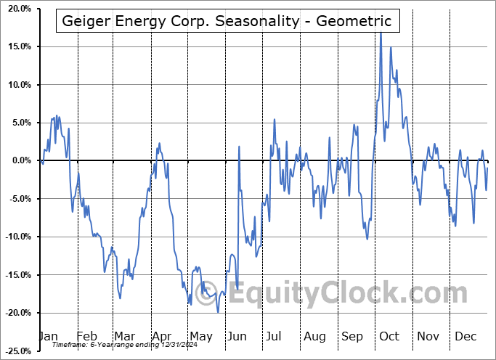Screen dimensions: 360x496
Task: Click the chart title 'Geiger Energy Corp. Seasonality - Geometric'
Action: [x=227, y=21]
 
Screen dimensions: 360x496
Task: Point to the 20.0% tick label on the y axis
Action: [x=16, y=9]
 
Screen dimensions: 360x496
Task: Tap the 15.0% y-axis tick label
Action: [x=16, y=46]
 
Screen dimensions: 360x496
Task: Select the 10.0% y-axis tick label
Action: [x=16, y=85]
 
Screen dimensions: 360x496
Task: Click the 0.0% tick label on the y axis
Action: [x=18, y=160]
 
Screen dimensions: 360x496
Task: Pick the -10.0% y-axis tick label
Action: [x=15, y=237]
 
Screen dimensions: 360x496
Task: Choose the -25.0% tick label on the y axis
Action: [x=15, y=351]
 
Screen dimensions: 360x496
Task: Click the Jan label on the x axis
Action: [x=47, y=336]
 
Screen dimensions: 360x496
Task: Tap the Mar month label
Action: [x=123, y=336]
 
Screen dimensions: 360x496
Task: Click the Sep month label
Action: [x=352, y=336]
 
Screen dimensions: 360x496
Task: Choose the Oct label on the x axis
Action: [x=389, y=336]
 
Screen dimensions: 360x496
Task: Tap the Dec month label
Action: [x=465, y=336]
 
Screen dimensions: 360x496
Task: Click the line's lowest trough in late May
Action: [x=218, y=312]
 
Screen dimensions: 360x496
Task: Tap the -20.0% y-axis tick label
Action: [x=15, y=313]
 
